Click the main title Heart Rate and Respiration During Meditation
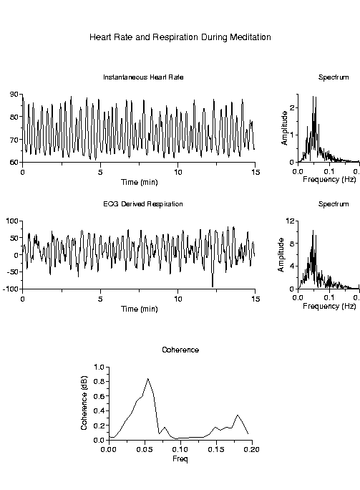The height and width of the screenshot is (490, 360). pos(180,37)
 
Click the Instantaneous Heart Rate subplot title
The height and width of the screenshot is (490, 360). pos(138,77)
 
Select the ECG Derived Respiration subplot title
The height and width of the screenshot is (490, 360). pos(138,204)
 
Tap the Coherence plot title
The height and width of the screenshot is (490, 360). pos(180,350)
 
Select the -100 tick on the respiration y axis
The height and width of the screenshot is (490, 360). pos(11,289)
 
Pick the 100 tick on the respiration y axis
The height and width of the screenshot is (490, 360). pos(12,221)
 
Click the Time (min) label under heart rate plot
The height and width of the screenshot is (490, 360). pos(138,182)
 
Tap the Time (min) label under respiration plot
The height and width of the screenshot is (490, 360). pos(138,309)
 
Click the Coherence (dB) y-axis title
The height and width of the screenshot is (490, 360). pos(84,404)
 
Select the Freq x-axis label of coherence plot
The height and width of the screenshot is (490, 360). pos(180,458)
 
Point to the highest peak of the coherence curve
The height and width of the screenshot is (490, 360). pos(147,378)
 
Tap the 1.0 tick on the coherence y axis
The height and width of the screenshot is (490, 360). pos(99,367)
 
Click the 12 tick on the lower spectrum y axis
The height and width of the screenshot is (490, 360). pos(291,221)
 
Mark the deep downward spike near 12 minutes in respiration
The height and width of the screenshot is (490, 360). pos(212,286)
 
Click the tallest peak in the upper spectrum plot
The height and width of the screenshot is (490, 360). pos(313,97)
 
